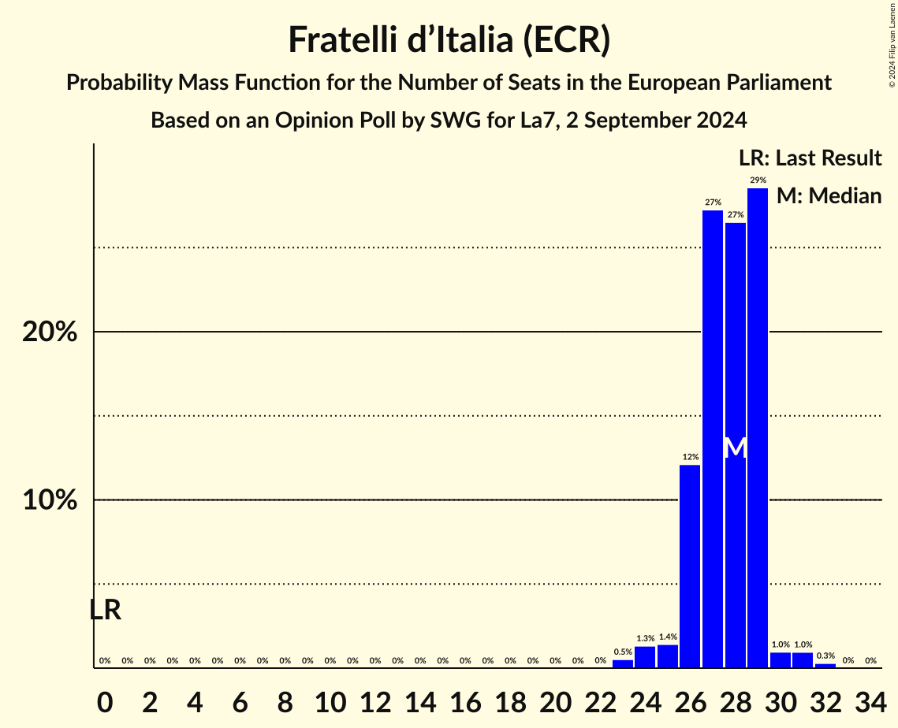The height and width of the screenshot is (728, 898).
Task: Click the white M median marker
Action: [x=735, y=448]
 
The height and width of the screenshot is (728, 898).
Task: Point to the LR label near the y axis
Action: [x=105, y=610]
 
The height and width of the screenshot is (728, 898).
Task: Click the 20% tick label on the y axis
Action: [x=50, y=332]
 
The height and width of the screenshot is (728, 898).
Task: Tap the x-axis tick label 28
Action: [x=735, y=699]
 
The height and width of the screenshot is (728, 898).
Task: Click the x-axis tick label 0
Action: [x=105, y=699]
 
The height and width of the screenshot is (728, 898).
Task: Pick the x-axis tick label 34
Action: [x=870, y=699]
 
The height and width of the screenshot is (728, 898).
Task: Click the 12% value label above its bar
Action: [x=690, y=457]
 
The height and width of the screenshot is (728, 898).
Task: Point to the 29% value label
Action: [x=758, y=180]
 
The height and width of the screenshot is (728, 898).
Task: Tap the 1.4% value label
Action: [x=668, y=637]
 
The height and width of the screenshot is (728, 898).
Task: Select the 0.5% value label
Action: [x=623, y=652]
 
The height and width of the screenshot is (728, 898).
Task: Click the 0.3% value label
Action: [x=825, y=656]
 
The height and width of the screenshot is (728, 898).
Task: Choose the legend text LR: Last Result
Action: [x=810, y=158]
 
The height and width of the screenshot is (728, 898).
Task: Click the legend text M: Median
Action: [x=829, y=195]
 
